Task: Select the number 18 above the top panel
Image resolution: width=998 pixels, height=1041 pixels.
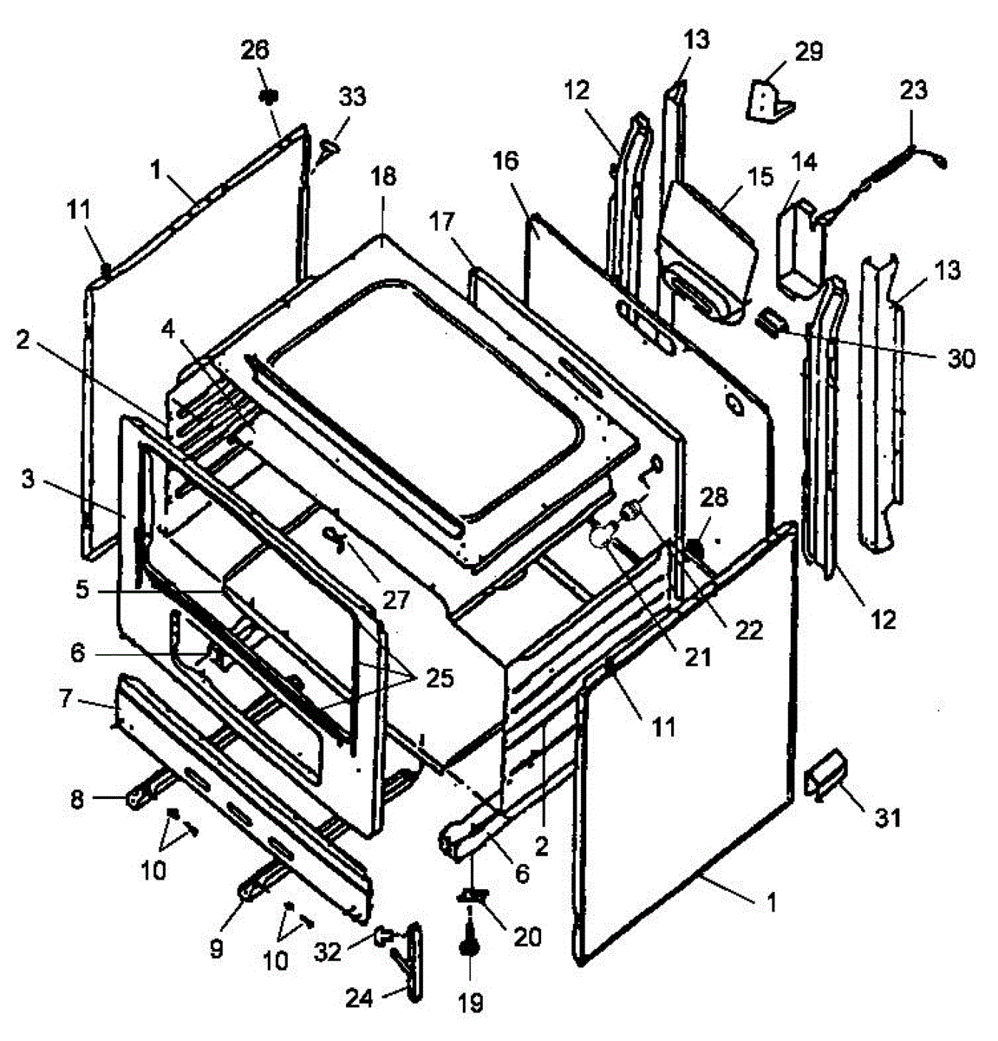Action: pos(382,176)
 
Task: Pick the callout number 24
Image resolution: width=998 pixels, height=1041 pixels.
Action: pos(359,998)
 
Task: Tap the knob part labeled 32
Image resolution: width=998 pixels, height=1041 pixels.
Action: pos(382,936)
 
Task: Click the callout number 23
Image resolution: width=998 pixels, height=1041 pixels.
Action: pos(913,89)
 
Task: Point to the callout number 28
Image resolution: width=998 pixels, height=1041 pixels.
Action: pos(715,497)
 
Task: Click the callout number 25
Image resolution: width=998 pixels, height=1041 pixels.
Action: pos(439,678)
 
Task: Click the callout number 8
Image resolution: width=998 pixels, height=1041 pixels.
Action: pos(76,799)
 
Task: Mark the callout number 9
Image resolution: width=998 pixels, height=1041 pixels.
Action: pos(216,948)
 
